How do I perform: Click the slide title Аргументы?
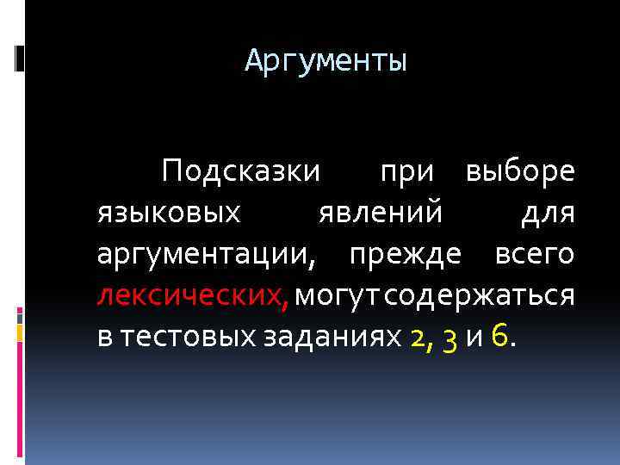coord(325,62)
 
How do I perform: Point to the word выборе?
coord(520,170)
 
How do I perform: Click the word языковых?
coord(169,212)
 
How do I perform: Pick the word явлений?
coord(379,212)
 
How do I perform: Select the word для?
coord(548,212)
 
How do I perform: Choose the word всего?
coord(534,253)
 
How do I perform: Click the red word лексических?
coord(191,294)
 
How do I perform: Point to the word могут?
coord(337,294)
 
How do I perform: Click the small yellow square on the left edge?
coord(20,332)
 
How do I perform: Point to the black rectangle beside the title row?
coord(20,59)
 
